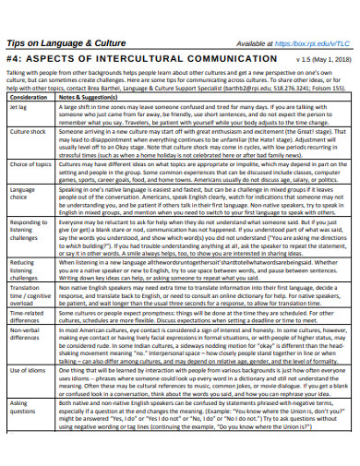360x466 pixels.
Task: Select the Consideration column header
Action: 30,96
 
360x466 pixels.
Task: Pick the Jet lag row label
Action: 20,107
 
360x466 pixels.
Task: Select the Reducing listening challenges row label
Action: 25,270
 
